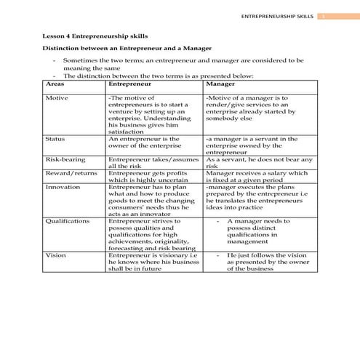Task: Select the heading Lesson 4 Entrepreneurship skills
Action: pyautogui.click(x=96, y=35)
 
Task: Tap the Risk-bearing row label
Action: pyautogui.click(x=65, y=159)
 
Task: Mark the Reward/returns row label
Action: pyautogui.click(x=70, y=173)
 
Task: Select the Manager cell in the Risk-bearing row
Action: pyautogui.click(x=258, y=163)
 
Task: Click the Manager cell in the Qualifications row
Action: pyautogui.click(x=258, y=231)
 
